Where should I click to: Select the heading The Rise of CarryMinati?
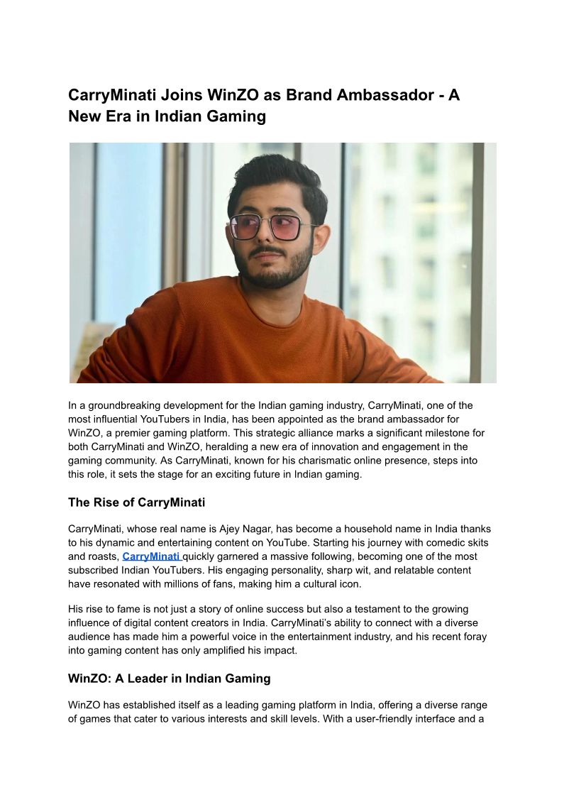click(x=136, y=502)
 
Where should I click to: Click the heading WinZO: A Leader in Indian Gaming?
click(x=169, y=678)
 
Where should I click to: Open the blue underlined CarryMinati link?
click(x=151, y=556)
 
